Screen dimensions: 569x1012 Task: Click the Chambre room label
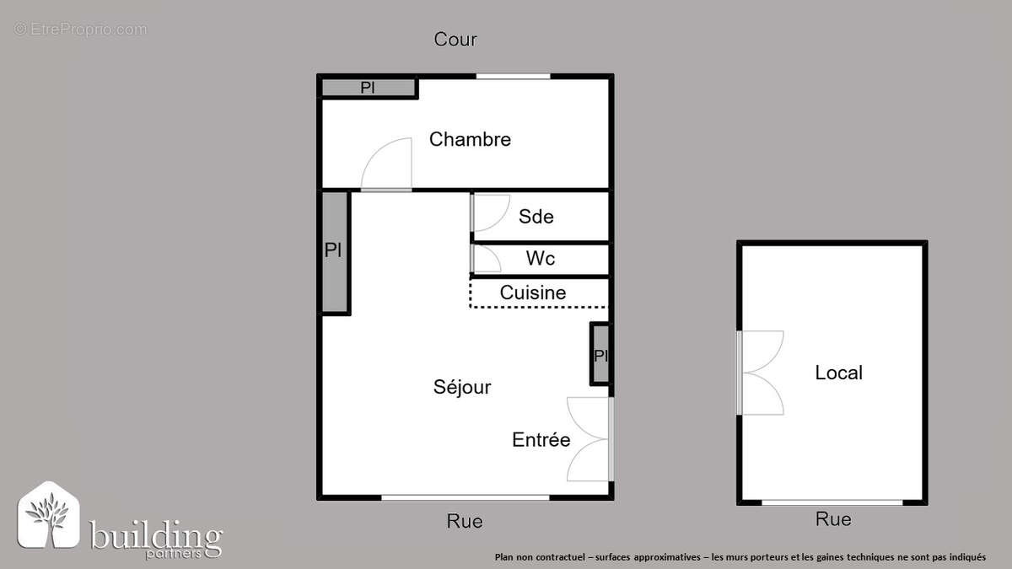click(x=470, y=139)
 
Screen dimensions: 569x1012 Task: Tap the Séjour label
click(x=462, y=387)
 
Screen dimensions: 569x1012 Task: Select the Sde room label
click(x=536, y=217)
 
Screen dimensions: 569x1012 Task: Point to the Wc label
click(x=541, y=258)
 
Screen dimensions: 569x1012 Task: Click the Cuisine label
click(x=533, y=293)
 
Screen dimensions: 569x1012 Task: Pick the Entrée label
click(x=541, y=439)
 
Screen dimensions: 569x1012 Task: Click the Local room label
click(x=838, y=373)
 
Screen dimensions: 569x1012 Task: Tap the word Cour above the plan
click(x=455, y=39)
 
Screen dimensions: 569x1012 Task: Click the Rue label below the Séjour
click(x=465, y=521)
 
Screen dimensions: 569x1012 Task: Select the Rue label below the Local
click(x=833, y=519)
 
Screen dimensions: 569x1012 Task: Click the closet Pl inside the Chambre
click(x=368, y=88)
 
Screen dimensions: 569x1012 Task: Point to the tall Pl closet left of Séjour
click(x=334, y=251)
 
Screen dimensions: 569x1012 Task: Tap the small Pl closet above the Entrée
click(x=600, y=355)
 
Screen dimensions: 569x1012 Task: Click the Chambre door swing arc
click(x=386, y=164)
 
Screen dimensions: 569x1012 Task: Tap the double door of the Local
click(x=761, y=373)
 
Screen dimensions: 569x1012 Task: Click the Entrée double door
click(x=589, y=438)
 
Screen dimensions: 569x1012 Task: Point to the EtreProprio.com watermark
click(x=81, y=30)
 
